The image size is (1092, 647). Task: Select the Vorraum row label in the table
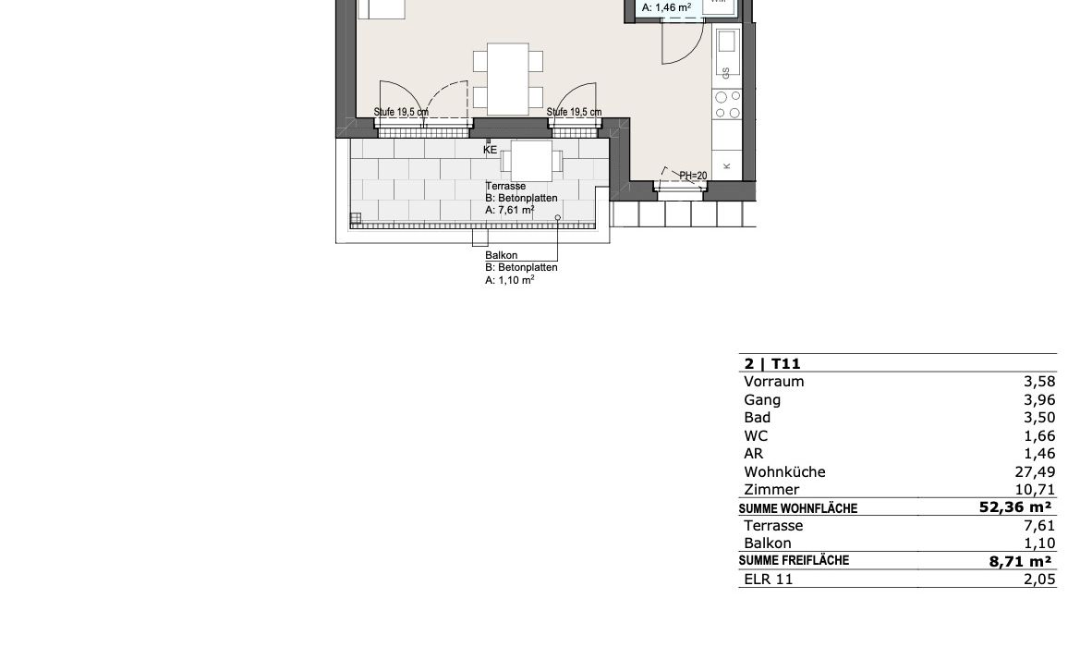(774, 382)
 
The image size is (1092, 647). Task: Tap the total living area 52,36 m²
(1015, 507)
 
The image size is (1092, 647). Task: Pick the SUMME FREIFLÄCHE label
(794, 561)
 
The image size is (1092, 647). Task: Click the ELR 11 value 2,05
(1039, 579)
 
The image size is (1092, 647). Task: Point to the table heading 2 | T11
(772, 363)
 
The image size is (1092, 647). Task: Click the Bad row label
(757, 417)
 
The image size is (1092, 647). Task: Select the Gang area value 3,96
(1039, 400)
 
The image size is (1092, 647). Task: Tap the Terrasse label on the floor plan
(505, 186)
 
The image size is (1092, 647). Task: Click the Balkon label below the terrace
(502, 256)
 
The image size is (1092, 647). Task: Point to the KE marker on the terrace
(491, 150)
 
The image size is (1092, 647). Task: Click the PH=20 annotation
(693, 176)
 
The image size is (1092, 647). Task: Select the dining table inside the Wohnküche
(508, 79)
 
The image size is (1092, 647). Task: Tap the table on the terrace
(531, 161)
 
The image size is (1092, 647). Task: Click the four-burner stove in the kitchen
(727, 105)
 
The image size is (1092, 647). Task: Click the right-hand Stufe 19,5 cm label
(574, 112)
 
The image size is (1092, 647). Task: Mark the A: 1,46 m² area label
(666, 8)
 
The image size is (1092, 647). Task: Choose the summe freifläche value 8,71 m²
(1020, 561)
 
